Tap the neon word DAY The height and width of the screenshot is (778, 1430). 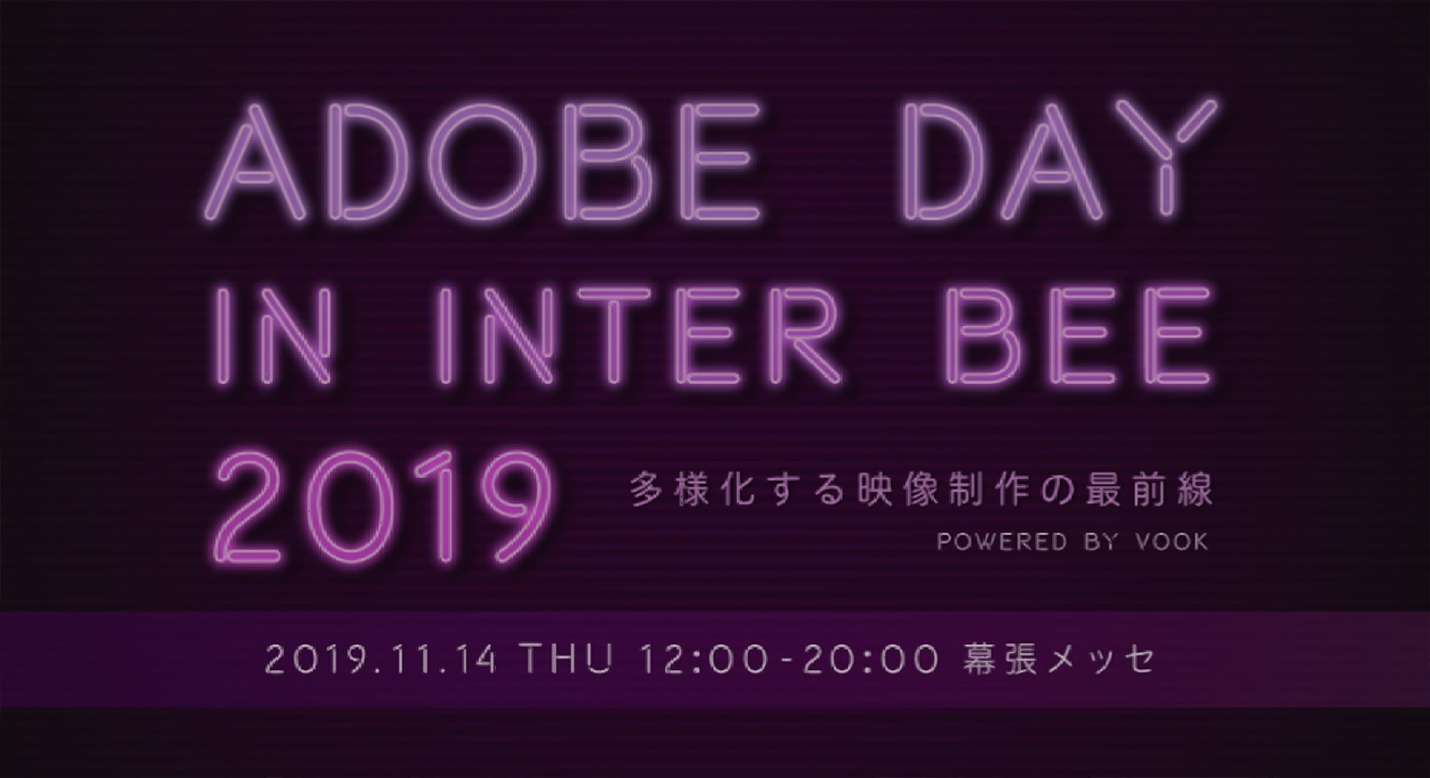[1061, 161]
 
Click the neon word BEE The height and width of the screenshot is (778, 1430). [1078, 335]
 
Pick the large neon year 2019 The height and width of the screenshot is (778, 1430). [383, 507]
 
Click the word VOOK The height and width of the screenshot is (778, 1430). [1172, 542]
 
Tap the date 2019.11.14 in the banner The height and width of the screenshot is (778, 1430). [381, 659]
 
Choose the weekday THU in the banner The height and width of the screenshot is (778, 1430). [568, 659]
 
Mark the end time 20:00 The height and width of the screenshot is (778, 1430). [871, 659]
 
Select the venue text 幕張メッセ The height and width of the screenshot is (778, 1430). [1059, 659]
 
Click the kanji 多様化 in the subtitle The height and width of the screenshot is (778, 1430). [691, 490]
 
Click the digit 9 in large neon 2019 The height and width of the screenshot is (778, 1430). [515, 507]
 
